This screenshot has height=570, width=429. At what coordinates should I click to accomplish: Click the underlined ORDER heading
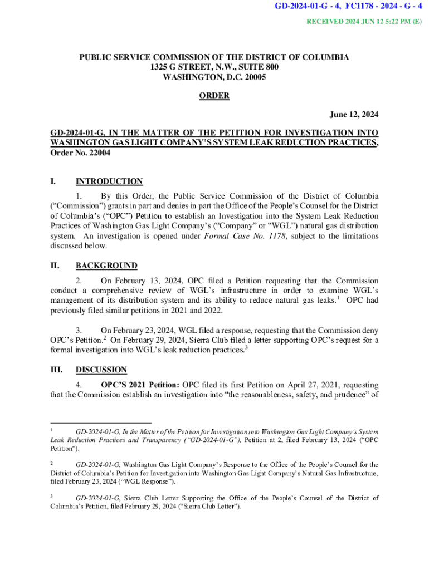coord(214,96)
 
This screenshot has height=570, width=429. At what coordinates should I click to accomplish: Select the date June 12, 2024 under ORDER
coord(354,115)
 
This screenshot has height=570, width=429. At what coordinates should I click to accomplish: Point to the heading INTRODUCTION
coord(109,181)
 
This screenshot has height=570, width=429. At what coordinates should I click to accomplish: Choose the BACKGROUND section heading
coord(106,266)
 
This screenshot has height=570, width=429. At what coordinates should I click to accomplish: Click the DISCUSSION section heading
coord(101,370)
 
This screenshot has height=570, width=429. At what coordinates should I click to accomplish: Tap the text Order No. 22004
coord(80,153)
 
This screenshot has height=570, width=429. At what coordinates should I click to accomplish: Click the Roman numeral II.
coord(55,266)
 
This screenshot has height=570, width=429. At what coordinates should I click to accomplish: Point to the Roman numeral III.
coord(56,370)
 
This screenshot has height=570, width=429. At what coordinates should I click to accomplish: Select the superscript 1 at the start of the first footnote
coord(52,430)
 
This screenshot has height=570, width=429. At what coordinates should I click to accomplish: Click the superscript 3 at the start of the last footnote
coord(52,496)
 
